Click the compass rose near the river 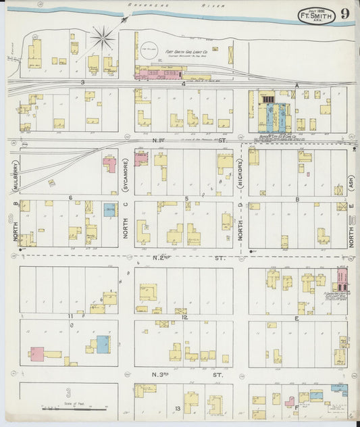103,39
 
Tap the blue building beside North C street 109,209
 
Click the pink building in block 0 37,353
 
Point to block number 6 70,197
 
